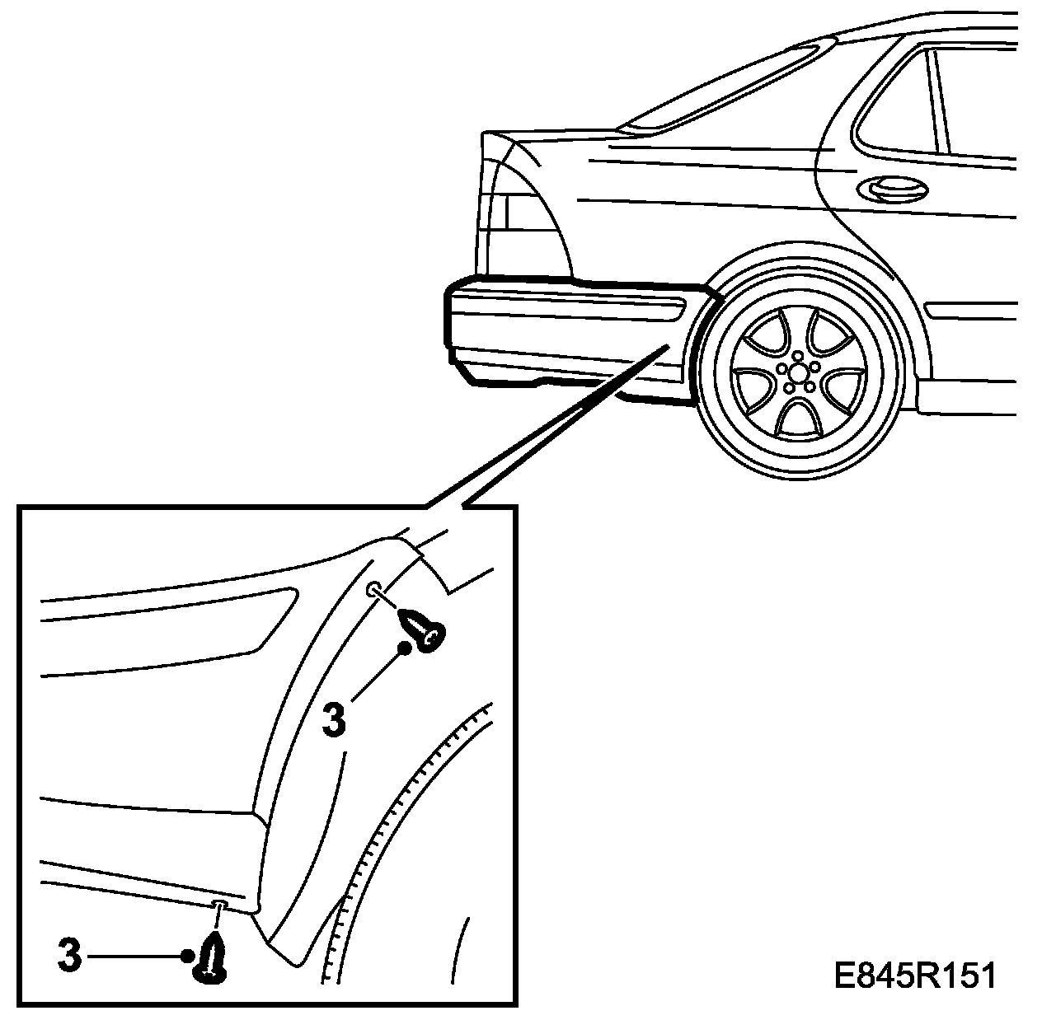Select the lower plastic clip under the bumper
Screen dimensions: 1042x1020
click(x=211, y=960)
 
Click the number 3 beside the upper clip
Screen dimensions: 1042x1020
click(x=334, y=719)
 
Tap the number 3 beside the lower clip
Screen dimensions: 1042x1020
click(x=71, y=957)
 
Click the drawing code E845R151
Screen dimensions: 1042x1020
click(x=914, y=977)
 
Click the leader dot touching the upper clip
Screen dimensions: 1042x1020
click(x=405, y=648)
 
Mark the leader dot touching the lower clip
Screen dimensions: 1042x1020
click(x=188, y=957)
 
